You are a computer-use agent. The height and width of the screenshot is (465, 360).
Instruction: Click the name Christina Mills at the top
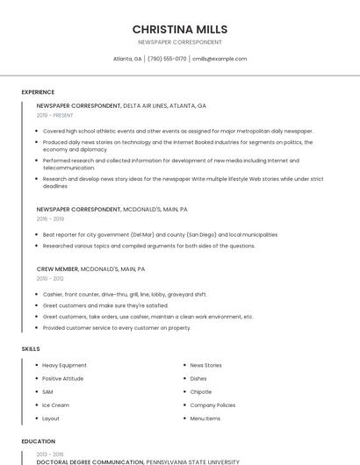point(180,29)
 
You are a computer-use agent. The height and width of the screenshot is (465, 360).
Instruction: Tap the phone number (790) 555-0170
point(167,59)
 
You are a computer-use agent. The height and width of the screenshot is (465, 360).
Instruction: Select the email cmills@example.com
point(220,59)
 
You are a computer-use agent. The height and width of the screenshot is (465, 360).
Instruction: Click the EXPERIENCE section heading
point(38,92)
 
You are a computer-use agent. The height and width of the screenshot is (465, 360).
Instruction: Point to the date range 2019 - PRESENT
point(54,115)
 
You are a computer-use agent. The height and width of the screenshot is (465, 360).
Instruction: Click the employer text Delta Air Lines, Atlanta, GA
point(164,105)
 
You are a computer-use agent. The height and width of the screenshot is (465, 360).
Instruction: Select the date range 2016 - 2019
point(50,219)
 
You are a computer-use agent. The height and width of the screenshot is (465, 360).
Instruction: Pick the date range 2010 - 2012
point(50,278)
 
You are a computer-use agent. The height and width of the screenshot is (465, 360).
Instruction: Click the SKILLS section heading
point(31,349)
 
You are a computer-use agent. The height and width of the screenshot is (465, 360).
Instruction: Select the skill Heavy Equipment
point(64,365)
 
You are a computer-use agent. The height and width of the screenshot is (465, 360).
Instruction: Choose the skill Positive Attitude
point(63,378)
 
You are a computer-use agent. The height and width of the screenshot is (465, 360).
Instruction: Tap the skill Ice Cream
point(55,405)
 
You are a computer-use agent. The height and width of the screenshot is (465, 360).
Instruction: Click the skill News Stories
point(205,365)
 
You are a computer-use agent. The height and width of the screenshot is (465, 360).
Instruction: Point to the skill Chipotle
point(200,392)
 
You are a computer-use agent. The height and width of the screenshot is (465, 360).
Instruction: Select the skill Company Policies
point(212,405)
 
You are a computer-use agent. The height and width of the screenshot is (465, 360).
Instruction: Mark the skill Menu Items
point(205,418)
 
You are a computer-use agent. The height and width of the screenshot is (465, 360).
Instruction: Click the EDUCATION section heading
point(38,441)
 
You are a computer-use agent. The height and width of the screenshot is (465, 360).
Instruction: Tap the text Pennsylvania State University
point(192,461)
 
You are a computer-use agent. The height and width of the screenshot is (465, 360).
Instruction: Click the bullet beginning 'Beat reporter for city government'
point(160,235)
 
